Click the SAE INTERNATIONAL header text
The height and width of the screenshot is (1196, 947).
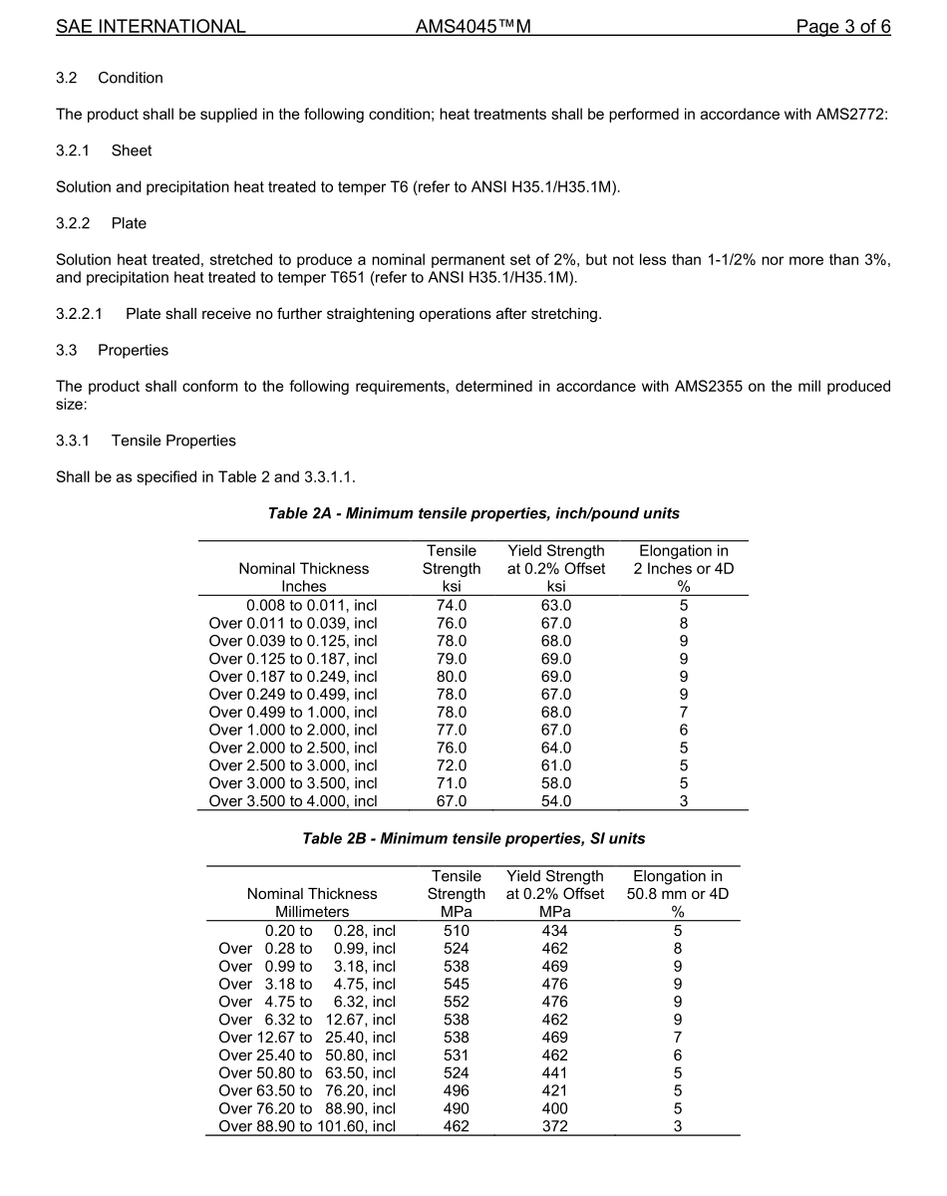pos(151,27)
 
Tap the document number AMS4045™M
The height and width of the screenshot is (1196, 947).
pos(473,27)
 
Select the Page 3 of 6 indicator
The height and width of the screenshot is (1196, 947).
pos(842,27)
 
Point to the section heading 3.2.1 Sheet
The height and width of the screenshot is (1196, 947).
pos(104,150)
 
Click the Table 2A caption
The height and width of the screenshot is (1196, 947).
pos(473,513)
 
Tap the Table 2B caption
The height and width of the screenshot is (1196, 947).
pos(473,839)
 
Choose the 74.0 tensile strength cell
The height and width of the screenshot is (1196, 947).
pos(451,605)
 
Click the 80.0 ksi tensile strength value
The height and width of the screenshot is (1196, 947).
pos(451,677)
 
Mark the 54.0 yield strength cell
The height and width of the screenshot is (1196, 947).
pos(555,801)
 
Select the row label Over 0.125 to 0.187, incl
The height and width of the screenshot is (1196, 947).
pos(293,659)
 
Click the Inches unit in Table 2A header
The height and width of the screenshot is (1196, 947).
pos(303,587)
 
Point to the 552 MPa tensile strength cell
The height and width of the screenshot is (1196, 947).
pos(456,1002)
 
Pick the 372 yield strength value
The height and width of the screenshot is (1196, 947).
pos(554,1126)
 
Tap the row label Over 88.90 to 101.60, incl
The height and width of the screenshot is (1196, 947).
pos(307,1126)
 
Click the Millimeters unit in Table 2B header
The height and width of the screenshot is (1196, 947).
pos(312,912)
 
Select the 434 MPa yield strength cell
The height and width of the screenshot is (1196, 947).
pos(554,931)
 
